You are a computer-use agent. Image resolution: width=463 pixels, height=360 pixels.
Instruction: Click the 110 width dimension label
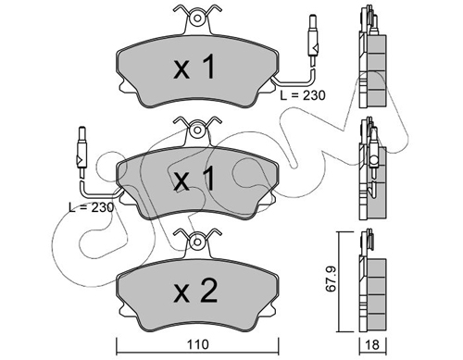(x=197, y=344)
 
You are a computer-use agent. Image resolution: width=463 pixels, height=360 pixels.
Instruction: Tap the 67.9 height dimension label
(x=331, y=279)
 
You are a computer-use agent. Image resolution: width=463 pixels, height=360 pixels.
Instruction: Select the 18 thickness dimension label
(x=372, y=344)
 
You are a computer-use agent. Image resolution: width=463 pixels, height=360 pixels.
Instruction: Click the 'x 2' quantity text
(x=195, y=291)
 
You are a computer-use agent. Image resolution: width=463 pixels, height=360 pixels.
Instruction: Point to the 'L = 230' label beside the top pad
(x=303, y=95)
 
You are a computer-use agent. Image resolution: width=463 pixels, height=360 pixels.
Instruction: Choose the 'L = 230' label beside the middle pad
(x=92, y=207)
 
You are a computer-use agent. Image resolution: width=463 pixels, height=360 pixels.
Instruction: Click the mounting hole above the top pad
(x=197, y=19)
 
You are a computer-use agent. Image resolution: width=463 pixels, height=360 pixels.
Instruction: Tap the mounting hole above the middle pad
(x=197, y=130)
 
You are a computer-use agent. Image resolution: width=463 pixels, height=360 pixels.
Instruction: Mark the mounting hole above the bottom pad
(x=197, y=242)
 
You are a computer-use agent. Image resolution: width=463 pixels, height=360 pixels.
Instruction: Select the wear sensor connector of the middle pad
(x=81, y=152)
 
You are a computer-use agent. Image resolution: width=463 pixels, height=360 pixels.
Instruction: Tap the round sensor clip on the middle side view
(x=374, y=160)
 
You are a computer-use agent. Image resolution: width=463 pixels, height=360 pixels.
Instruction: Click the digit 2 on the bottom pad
(x=208, y=291)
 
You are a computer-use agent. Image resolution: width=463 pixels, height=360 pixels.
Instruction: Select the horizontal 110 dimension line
(x=197, y=353)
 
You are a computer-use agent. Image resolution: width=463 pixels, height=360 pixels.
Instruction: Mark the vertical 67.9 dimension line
(x=340, y=281)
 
